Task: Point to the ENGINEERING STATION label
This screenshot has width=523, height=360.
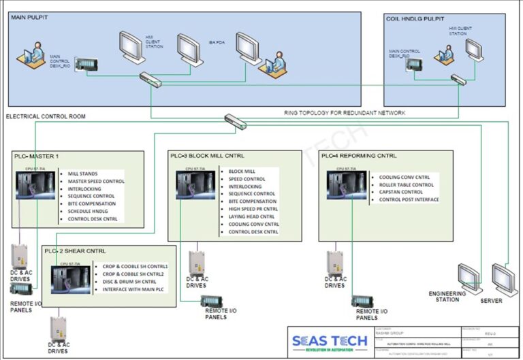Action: (x=447, y=297)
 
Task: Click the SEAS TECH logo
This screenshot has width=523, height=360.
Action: (x=329, y=341)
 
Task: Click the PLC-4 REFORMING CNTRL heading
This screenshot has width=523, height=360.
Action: (x=359, y=156)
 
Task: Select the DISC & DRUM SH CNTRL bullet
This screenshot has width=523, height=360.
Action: (x=129, y=282)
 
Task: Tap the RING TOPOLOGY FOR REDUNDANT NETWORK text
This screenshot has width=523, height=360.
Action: (x=345, y=112)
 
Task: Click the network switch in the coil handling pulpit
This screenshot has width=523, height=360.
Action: (x=458, y=80)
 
